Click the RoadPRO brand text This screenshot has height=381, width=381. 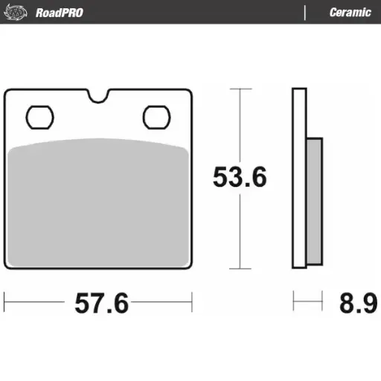[x=59, y=13]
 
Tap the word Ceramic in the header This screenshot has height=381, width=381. [x=350, y=13]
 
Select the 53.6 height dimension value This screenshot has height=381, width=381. [x=240, y=178]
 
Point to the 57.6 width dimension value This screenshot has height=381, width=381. [x=101, y=304]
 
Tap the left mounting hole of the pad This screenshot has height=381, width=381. [x=39, y=117]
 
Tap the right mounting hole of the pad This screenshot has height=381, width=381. [x=156, y=117]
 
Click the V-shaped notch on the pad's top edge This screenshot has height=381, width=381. [x=97, y=96]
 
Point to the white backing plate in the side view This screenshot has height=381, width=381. [x=299, y=179]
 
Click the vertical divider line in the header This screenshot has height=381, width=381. [x=305, y=13]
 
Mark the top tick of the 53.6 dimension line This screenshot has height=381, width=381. [x=239, y=89]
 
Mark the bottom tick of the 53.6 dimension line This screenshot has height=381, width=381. [x=239, y=269]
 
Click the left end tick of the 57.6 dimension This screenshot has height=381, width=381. [x=5, y=302]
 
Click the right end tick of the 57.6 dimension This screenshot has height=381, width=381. [x=193, y=302]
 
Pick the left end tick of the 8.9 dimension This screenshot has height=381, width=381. [x=294, y=302]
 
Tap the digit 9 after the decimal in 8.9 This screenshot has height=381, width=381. [x=369, y=304]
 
